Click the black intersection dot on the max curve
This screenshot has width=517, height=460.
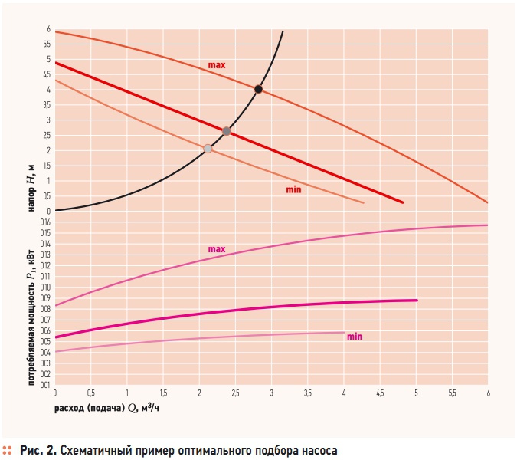click(258, 90)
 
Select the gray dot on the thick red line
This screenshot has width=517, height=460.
click(226, 131)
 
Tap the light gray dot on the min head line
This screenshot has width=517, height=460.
click(208, 149)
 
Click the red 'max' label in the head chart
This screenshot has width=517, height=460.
click(216, 66)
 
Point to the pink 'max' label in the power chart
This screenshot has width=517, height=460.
click(216, 249)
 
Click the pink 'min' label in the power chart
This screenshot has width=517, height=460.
click(354, 337)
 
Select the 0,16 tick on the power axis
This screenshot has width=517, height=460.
click(45, 222)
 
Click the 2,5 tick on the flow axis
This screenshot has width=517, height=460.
click(235, 393)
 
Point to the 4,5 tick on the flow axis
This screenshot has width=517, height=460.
click(380, 393)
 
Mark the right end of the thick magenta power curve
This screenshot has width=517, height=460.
click(417, 300)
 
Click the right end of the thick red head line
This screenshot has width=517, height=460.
click(403, 202)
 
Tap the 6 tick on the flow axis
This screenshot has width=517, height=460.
click(488, 393)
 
